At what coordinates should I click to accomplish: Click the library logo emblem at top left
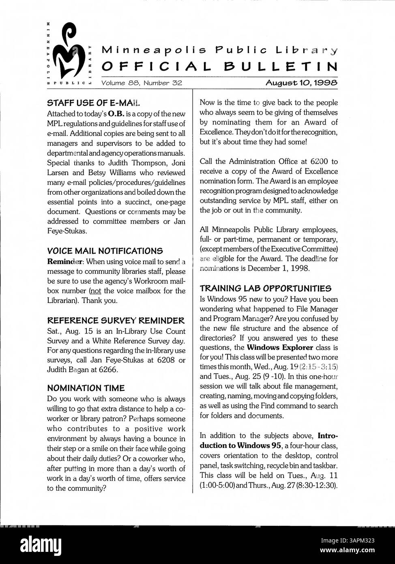point(69,53)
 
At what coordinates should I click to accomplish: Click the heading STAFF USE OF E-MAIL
point(94,103)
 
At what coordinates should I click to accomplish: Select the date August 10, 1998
point(301,83)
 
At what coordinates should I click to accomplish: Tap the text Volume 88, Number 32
point(142,83)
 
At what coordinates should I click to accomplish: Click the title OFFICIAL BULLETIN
point(219,66)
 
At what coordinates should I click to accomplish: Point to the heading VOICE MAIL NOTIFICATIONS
point(105,251)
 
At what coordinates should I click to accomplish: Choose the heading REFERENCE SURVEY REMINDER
point(116,321)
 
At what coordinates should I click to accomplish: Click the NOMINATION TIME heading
point(86,388)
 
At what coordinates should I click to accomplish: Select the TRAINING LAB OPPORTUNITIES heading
point(265,288)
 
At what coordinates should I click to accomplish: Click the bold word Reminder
point(65,262)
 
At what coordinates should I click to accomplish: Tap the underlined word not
point(95,291)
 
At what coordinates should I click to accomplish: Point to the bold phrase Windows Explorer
point(280,347)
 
